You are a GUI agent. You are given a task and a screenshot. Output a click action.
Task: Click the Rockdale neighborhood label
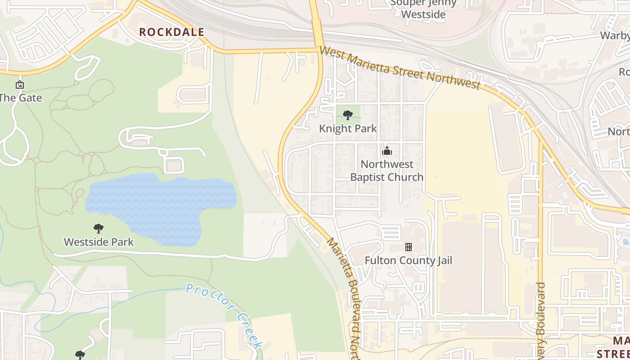[171, 32]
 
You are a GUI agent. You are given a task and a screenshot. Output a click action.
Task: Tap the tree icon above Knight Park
[347, 115]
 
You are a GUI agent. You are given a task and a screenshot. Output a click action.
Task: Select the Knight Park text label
[348, 128]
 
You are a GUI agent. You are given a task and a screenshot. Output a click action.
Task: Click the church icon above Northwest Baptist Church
[387, 151]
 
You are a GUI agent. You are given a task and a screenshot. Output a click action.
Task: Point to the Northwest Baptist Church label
[387, 171]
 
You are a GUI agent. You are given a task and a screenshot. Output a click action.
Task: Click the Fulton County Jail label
[408, 261]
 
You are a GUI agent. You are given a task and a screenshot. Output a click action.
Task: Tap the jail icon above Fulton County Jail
[409, 247]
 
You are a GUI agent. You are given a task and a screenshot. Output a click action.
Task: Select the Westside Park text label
[99, 242]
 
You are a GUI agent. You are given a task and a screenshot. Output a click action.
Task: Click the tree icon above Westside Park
[98, 229]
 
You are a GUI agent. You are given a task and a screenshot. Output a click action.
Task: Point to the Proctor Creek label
[224, 315]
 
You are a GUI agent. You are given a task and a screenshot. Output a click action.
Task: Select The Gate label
[20, 98]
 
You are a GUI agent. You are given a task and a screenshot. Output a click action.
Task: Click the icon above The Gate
[19, 85]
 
